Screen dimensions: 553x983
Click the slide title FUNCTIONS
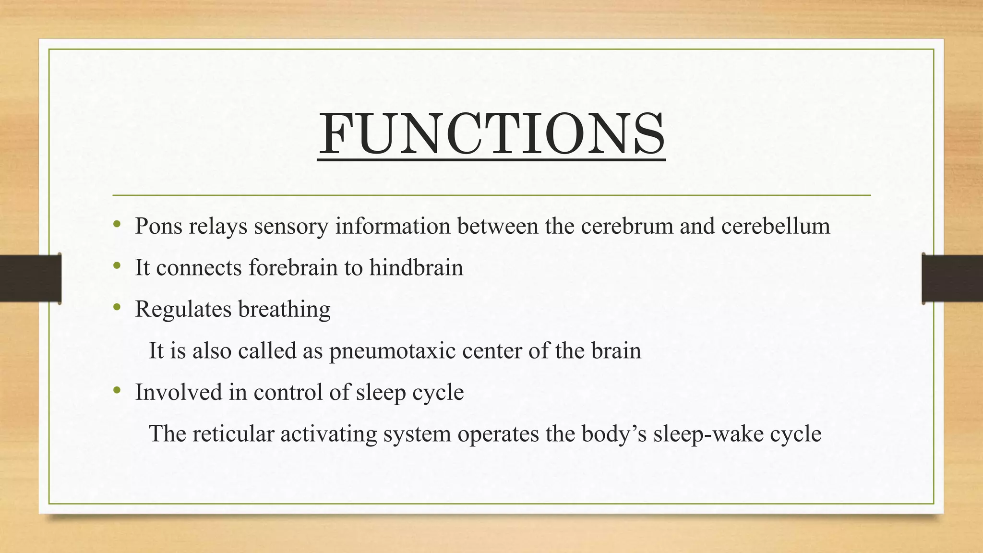[x=491, y=134]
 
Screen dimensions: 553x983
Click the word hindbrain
[x=416, y=267]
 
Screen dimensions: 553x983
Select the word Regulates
[x=183, y=309]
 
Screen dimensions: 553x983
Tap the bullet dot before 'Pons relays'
[x=117, y=225]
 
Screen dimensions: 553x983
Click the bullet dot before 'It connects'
[x=117, y=266]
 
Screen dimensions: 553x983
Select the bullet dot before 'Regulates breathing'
[x=117, y=308]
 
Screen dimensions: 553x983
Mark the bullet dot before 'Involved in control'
[x=117, y=391]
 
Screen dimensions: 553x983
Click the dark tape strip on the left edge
[x=30, y=278]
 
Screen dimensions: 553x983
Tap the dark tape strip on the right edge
[x=952, y=278]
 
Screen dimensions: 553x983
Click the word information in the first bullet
[x=393, y=226]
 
